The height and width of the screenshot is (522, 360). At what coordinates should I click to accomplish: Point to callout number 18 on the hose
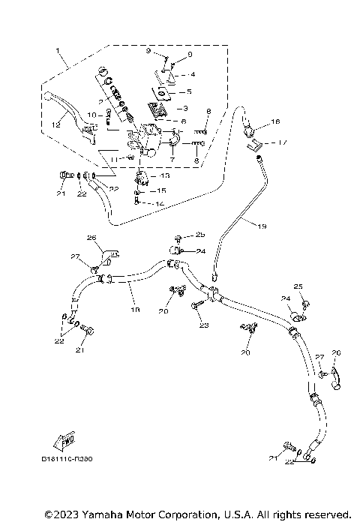135,308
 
